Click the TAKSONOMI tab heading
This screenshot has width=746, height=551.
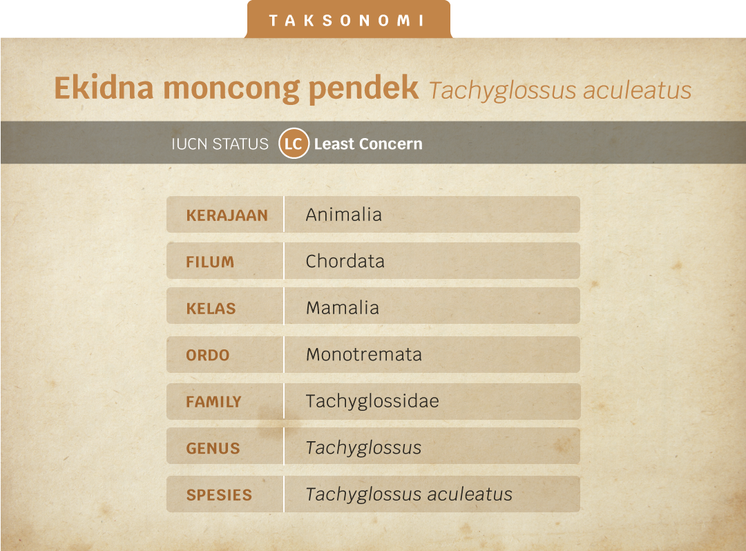(x=346, y=21)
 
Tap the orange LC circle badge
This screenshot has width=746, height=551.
(x=294, y=143)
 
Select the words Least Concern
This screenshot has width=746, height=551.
(x=368, y=144)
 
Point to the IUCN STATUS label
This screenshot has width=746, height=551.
(x=220, y=144)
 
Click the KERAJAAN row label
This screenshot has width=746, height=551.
(x=227, y=215)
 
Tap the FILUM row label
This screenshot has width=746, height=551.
(x=210, y=262)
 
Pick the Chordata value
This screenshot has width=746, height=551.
(x=345, y=261)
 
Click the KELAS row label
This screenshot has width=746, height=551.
(x=211, y=309)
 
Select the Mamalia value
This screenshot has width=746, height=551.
(x=343, y=307)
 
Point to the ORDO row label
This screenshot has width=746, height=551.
(x=207, y=355)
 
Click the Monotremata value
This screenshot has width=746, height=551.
(x=364, y=354)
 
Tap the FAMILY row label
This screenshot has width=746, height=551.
(x=213, y=402)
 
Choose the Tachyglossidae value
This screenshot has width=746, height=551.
(x=372, y=401)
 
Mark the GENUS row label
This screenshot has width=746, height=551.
(x=213, y=448)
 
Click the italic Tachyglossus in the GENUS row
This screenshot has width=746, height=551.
(x=363, y=448)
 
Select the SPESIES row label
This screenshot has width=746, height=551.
(x=219, y=495)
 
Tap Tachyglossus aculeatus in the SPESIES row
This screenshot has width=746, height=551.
(x=409, y=494)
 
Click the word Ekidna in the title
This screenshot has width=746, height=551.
(x=104, y=88)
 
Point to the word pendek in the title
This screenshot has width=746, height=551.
(x=363, y=89)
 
